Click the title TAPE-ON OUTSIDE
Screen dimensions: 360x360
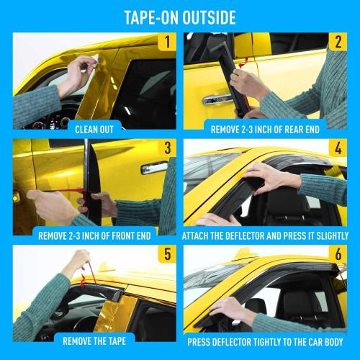coord(180,16)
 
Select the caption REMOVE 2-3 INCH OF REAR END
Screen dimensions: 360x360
coord(266,130)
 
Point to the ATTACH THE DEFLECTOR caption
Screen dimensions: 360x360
coord(266,235)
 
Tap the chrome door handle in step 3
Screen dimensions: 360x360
coord(153,167)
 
